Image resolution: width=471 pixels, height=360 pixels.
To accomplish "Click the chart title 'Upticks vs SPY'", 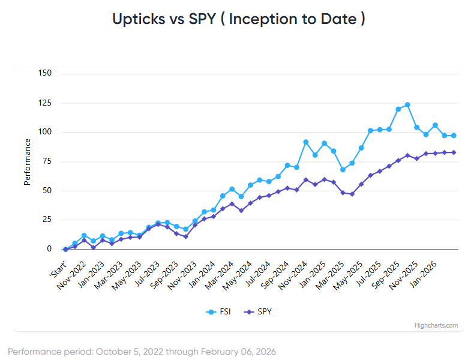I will point(238,19).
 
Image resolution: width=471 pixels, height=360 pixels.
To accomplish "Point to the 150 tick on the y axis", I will point(45,73).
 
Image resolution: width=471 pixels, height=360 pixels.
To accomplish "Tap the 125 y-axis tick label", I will point(45,103).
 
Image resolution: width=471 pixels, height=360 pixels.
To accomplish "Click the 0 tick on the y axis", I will point(49,249).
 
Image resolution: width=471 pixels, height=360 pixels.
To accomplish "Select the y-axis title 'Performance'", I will point(27,161).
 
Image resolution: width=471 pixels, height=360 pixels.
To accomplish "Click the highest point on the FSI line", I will point(407,104).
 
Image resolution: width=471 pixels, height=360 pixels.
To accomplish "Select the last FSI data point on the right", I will point(454,136).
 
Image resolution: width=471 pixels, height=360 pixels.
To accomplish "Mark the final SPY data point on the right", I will point(454,152).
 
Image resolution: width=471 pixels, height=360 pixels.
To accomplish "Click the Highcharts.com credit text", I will point(436,325).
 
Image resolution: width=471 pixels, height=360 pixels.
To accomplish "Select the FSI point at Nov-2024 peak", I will point(306,142).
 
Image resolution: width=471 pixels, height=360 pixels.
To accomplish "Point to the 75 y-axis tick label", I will point(47,161).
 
